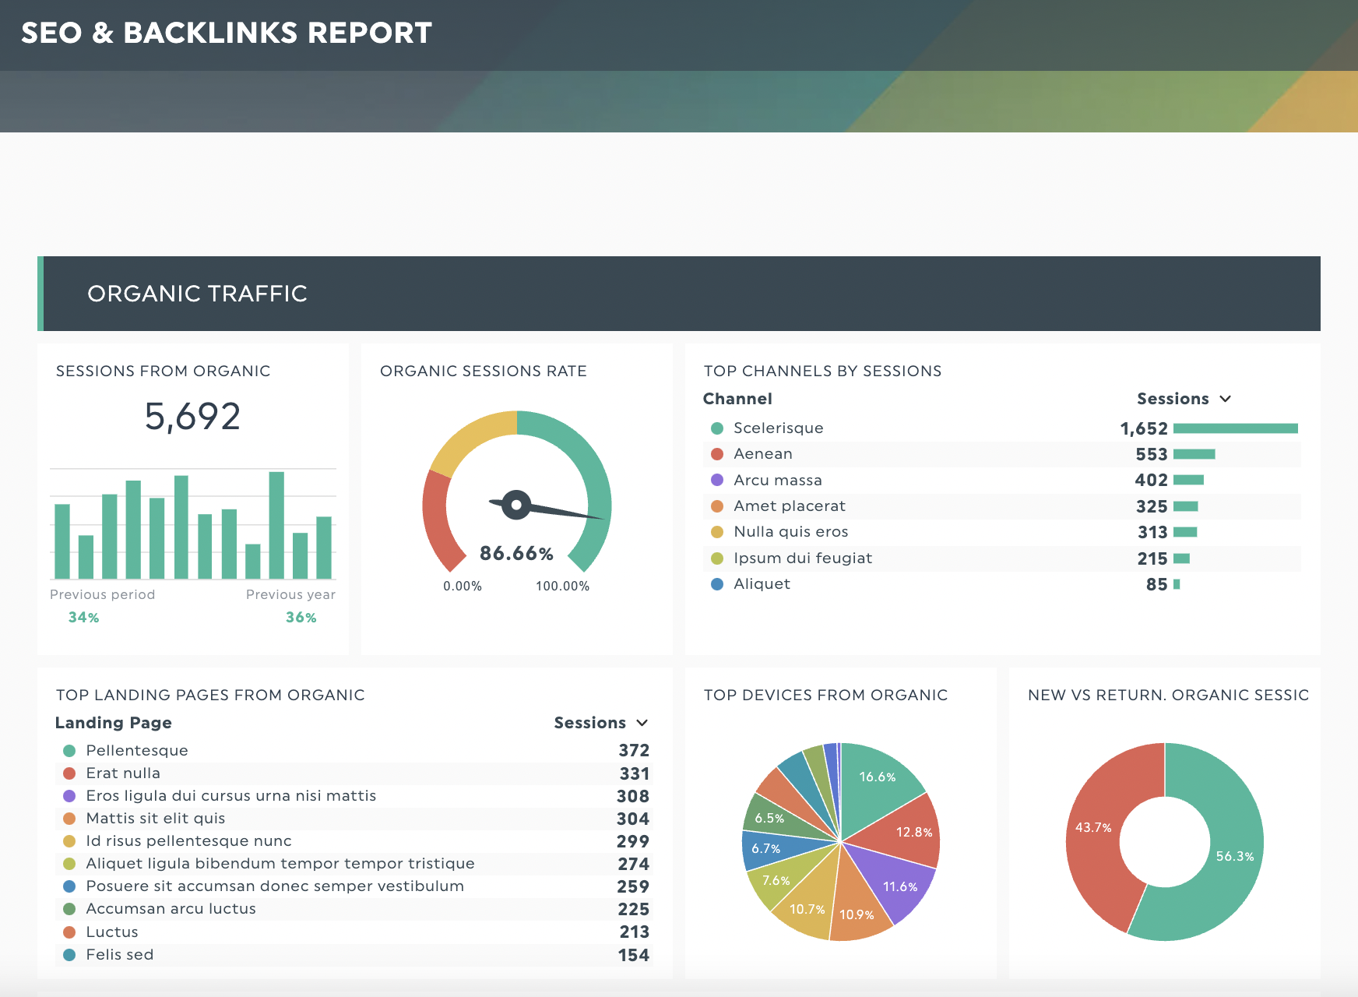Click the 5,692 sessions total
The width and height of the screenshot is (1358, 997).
tap(192, 417)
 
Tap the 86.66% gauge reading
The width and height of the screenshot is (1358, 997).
tap(516, 554)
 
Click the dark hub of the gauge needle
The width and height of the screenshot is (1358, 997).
tap(516, 505)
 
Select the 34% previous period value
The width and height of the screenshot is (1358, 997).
tap(84, 618)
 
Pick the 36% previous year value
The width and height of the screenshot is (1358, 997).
tap(301, 618)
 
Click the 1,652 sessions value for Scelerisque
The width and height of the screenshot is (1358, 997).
tap(1144, 428)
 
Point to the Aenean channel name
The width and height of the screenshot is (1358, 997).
tap(763, 454)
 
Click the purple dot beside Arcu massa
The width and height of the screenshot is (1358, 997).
tap(717, 480)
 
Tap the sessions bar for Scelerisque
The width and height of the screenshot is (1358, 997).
tap(1236, 428)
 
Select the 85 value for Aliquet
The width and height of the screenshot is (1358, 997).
tap(1156, 584)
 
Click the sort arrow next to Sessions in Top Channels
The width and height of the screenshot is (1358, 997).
tap(1225, 399)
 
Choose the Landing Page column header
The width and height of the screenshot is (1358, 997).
tap(114, 723)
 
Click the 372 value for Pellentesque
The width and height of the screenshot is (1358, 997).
tap(634, 750)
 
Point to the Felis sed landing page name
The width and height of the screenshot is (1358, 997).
tap(120, 955)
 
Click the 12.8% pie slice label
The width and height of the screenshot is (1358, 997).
tap(914, 833)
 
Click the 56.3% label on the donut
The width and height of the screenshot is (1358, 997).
tap(1235, 857)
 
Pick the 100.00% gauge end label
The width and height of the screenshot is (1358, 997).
tap(562, 587)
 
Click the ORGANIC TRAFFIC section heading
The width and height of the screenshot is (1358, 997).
tap(197, 294)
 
